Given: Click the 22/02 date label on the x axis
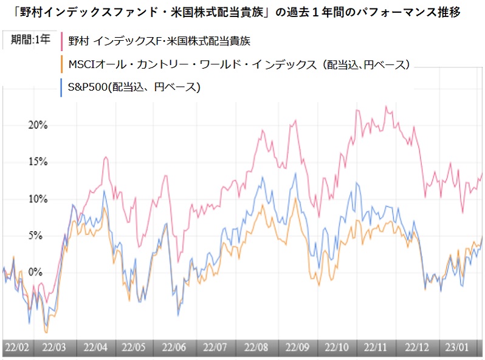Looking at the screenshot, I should click(17, 348).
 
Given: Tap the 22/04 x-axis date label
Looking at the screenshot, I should click(95, 348).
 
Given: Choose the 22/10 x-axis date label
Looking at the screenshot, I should click(336, 348).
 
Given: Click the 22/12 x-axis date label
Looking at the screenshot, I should click(416, 348).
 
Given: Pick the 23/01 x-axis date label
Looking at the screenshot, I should click(456, 348).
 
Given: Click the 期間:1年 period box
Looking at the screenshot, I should click(30, 41).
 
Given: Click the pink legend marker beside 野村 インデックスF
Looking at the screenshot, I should click(63, 42).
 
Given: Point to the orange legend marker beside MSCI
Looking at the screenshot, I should click(63, 64).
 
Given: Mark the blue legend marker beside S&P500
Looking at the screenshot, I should click(63, 88).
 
